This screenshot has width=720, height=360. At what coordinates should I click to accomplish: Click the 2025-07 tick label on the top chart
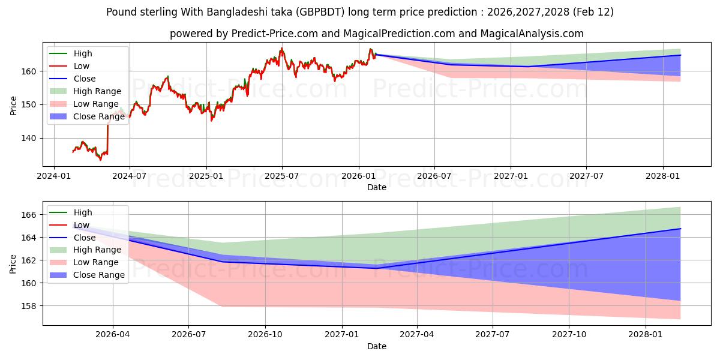[282, 176]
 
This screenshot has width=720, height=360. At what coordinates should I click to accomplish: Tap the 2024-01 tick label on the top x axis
[54, 176]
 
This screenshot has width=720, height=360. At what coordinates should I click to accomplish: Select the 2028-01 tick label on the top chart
[663, 176]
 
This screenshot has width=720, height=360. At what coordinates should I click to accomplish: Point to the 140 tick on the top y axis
[31, 138]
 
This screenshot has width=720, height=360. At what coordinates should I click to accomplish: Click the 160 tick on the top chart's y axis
[31, 71]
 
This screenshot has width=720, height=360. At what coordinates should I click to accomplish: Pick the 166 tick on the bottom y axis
[31, 215]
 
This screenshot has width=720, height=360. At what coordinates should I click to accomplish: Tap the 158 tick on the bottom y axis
[31, 306]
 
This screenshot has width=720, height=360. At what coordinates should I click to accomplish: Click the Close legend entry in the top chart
[85, 79]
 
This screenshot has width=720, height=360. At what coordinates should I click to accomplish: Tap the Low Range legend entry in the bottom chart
[96, 262]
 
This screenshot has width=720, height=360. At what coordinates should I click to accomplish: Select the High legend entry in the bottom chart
[83, 212]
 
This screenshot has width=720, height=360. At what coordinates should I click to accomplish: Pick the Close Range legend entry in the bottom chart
[99, 275]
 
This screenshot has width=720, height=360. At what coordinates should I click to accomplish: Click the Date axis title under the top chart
[377, 187]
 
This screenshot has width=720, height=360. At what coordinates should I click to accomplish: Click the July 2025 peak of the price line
[281, 49]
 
